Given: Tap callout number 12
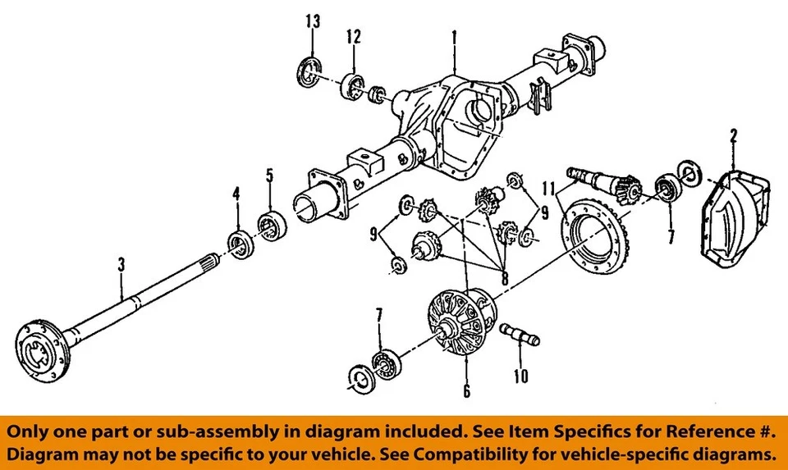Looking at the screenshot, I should tap(353, 36).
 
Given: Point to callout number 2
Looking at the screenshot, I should tap(732, 136).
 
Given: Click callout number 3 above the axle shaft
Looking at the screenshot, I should tap(121, 265).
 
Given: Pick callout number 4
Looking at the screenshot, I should tap(236, 194).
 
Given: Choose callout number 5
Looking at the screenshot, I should tap(268, 175).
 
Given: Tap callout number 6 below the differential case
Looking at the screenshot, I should tap(466, 391).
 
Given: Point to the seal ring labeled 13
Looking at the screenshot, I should tap(309, 71).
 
